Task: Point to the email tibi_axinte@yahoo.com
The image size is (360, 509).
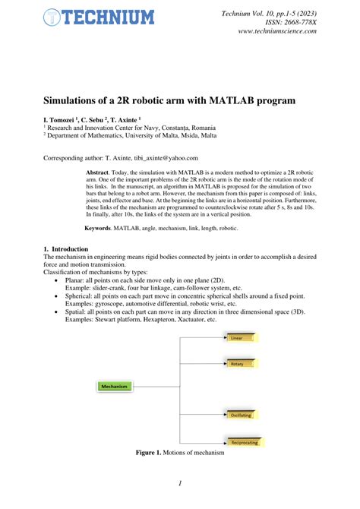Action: [x=159, y=158]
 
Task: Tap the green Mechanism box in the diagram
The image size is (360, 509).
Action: [x=114, y=386]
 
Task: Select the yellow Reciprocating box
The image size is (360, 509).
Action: [x=244, y=441]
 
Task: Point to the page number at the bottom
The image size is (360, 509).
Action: [x=180, y=483]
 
